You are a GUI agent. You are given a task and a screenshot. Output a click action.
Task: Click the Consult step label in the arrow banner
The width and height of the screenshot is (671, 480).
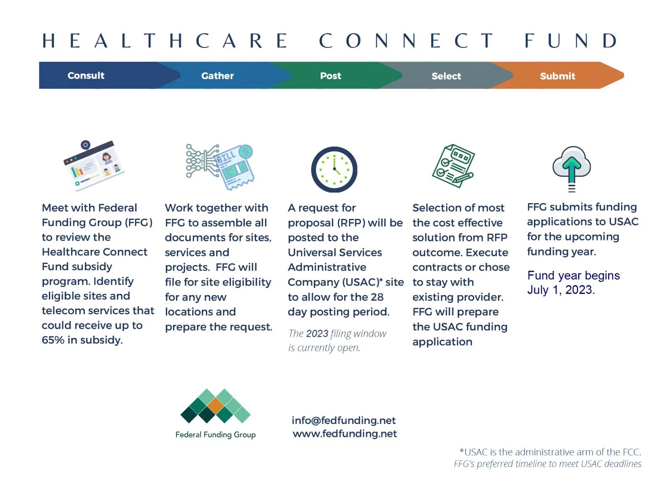point(86,76)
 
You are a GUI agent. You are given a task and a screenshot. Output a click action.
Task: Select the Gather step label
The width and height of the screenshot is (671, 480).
point(217,76)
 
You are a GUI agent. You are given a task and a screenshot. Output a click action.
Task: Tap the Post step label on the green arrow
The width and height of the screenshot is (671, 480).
point(330,76)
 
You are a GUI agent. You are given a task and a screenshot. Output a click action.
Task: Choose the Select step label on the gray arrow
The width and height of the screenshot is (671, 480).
point(446,76)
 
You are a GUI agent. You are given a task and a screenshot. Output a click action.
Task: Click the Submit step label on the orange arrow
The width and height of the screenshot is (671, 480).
point(557,76)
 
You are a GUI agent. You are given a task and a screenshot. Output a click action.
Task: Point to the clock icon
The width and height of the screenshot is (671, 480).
point(334,170)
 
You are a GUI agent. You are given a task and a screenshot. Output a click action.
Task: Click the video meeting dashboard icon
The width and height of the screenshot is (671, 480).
point(94,165)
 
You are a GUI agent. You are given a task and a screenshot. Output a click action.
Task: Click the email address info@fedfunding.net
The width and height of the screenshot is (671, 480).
point(344,421)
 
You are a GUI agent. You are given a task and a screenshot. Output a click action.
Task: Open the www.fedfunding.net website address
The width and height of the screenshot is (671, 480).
point(345,434)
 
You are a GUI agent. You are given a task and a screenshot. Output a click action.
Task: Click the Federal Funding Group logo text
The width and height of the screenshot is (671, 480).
point(215,434)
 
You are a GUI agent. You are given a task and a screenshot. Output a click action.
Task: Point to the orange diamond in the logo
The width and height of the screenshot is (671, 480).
point(216,406)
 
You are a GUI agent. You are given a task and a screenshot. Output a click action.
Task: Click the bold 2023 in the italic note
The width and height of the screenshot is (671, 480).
point(317,333)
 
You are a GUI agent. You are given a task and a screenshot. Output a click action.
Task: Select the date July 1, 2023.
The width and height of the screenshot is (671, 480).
point(561,290)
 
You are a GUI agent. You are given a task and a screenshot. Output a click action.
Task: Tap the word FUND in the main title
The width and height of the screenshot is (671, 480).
point(570,41)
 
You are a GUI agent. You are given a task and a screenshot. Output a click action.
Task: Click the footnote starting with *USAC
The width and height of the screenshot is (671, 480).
point(550,452)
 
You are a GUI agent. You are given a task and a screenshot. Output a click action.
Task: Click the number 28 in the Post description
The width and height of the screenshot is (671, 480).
point(377,297)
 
